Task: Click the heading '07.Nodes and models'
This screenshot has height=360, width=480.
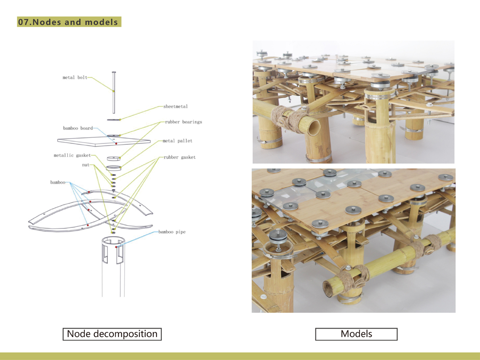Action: [x=69, y=22]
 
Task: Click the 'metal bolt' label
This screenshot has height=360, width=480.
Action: [x=75, y=77]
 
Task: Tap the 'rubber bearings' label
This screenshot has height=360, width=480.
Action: [x=183, y=122]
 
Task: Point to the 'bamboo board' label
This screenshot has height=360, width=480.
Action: [x=78, y=128]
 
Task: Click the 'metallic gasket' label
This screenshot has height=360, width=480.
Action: [x=72, y=155]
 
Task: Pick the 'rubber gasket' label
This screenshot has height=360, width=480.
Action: [x=180, y=157]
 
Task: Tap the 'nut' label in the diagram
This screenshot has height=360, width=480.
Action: [x=85, y=165]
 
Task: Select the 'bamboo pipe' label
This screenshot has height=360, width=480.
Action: [x=172, y=232]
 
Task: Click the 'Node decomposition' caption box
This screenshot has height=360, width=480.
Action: [x=112, y=334]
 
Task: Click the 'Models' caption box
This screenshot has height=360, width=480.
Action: [x=356, y=334]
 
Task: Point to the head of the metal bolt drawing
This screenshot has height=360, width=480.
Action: [x=113, y=72]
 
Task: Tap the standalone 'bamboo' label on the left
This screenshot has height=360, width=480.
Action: [x=58, y=182]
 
